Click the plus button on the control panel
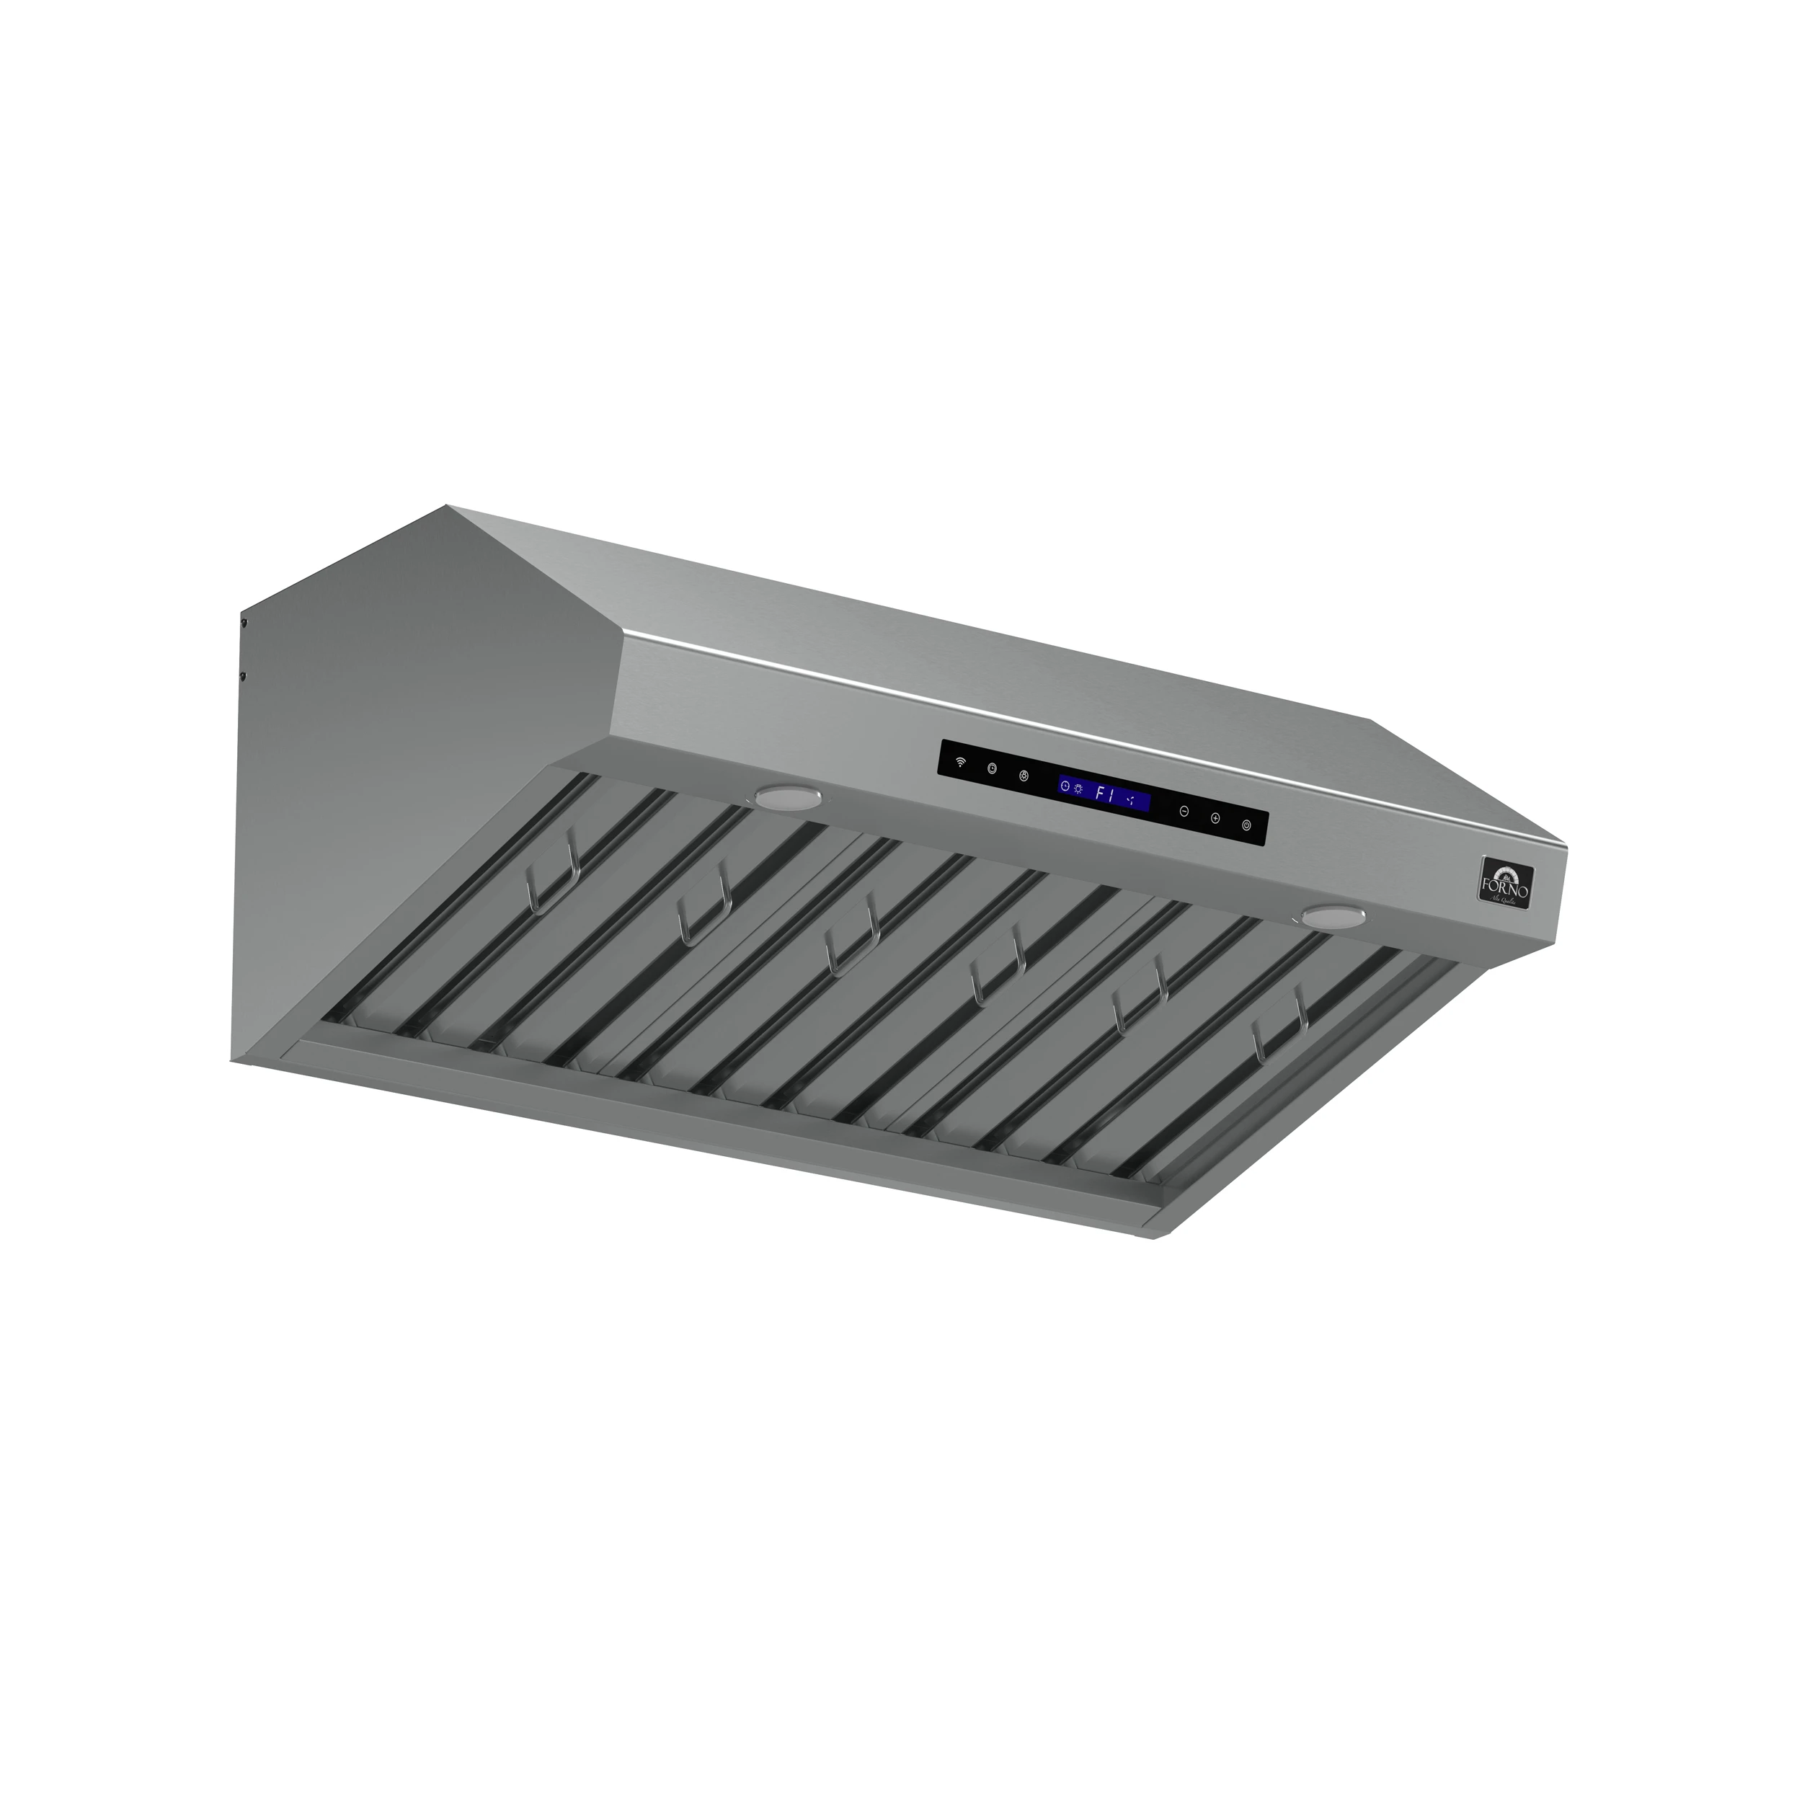click(x=1215, y=818)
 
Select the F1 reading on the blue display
click(x=1105, y=794)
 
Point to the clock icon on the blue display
click(x=1065, y=787)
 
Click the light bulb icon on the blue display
click(x=1079, y=789)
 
